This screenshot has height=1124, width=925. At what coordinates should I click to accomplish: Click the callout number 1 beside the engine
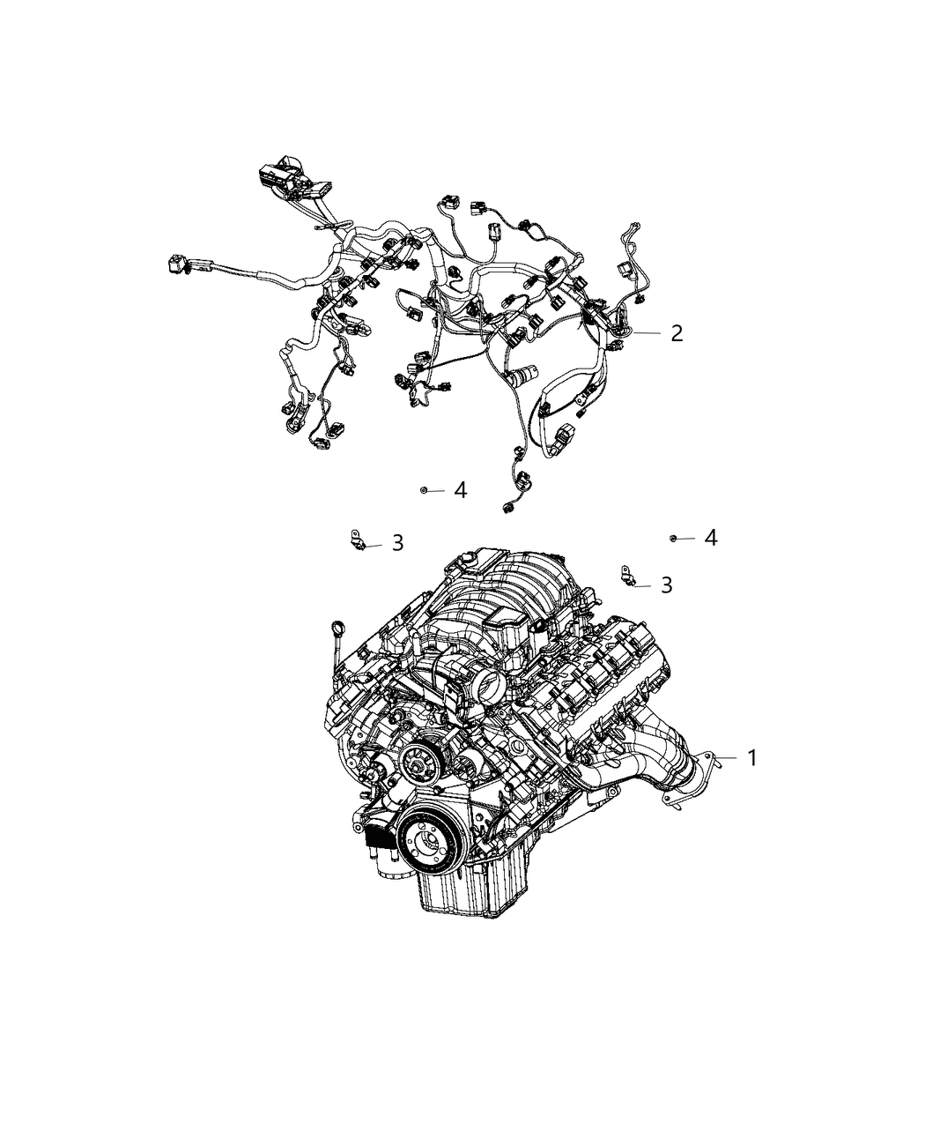(751, 758)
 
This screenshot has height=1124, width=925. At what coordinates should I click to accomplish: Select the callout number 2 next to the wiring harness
(676, 333)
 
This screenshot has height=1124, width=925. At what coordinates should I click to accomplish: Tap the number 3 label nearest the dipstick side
(397, 544)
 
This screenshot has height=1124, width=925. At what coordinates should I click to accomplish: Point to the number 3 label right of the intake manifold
(666, 584)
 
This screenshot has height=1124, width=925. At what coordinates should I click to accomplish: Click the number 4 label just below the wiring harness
(460, 490)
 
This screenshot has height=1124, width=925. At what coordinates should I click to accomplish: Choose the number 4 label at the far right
(710, 538)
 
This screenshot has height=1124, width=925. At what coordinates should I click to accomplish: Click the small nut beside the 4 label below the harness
(424, 490)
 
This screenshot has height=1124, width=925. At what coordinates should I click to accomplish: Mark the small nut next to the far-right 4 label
(673, 537)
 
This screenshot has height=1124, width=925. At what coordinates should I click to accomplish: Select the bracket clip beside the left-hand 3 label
(358, 540)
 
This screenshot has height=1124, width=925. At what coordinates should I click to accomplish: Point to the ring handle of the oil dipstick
(337, 628)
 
